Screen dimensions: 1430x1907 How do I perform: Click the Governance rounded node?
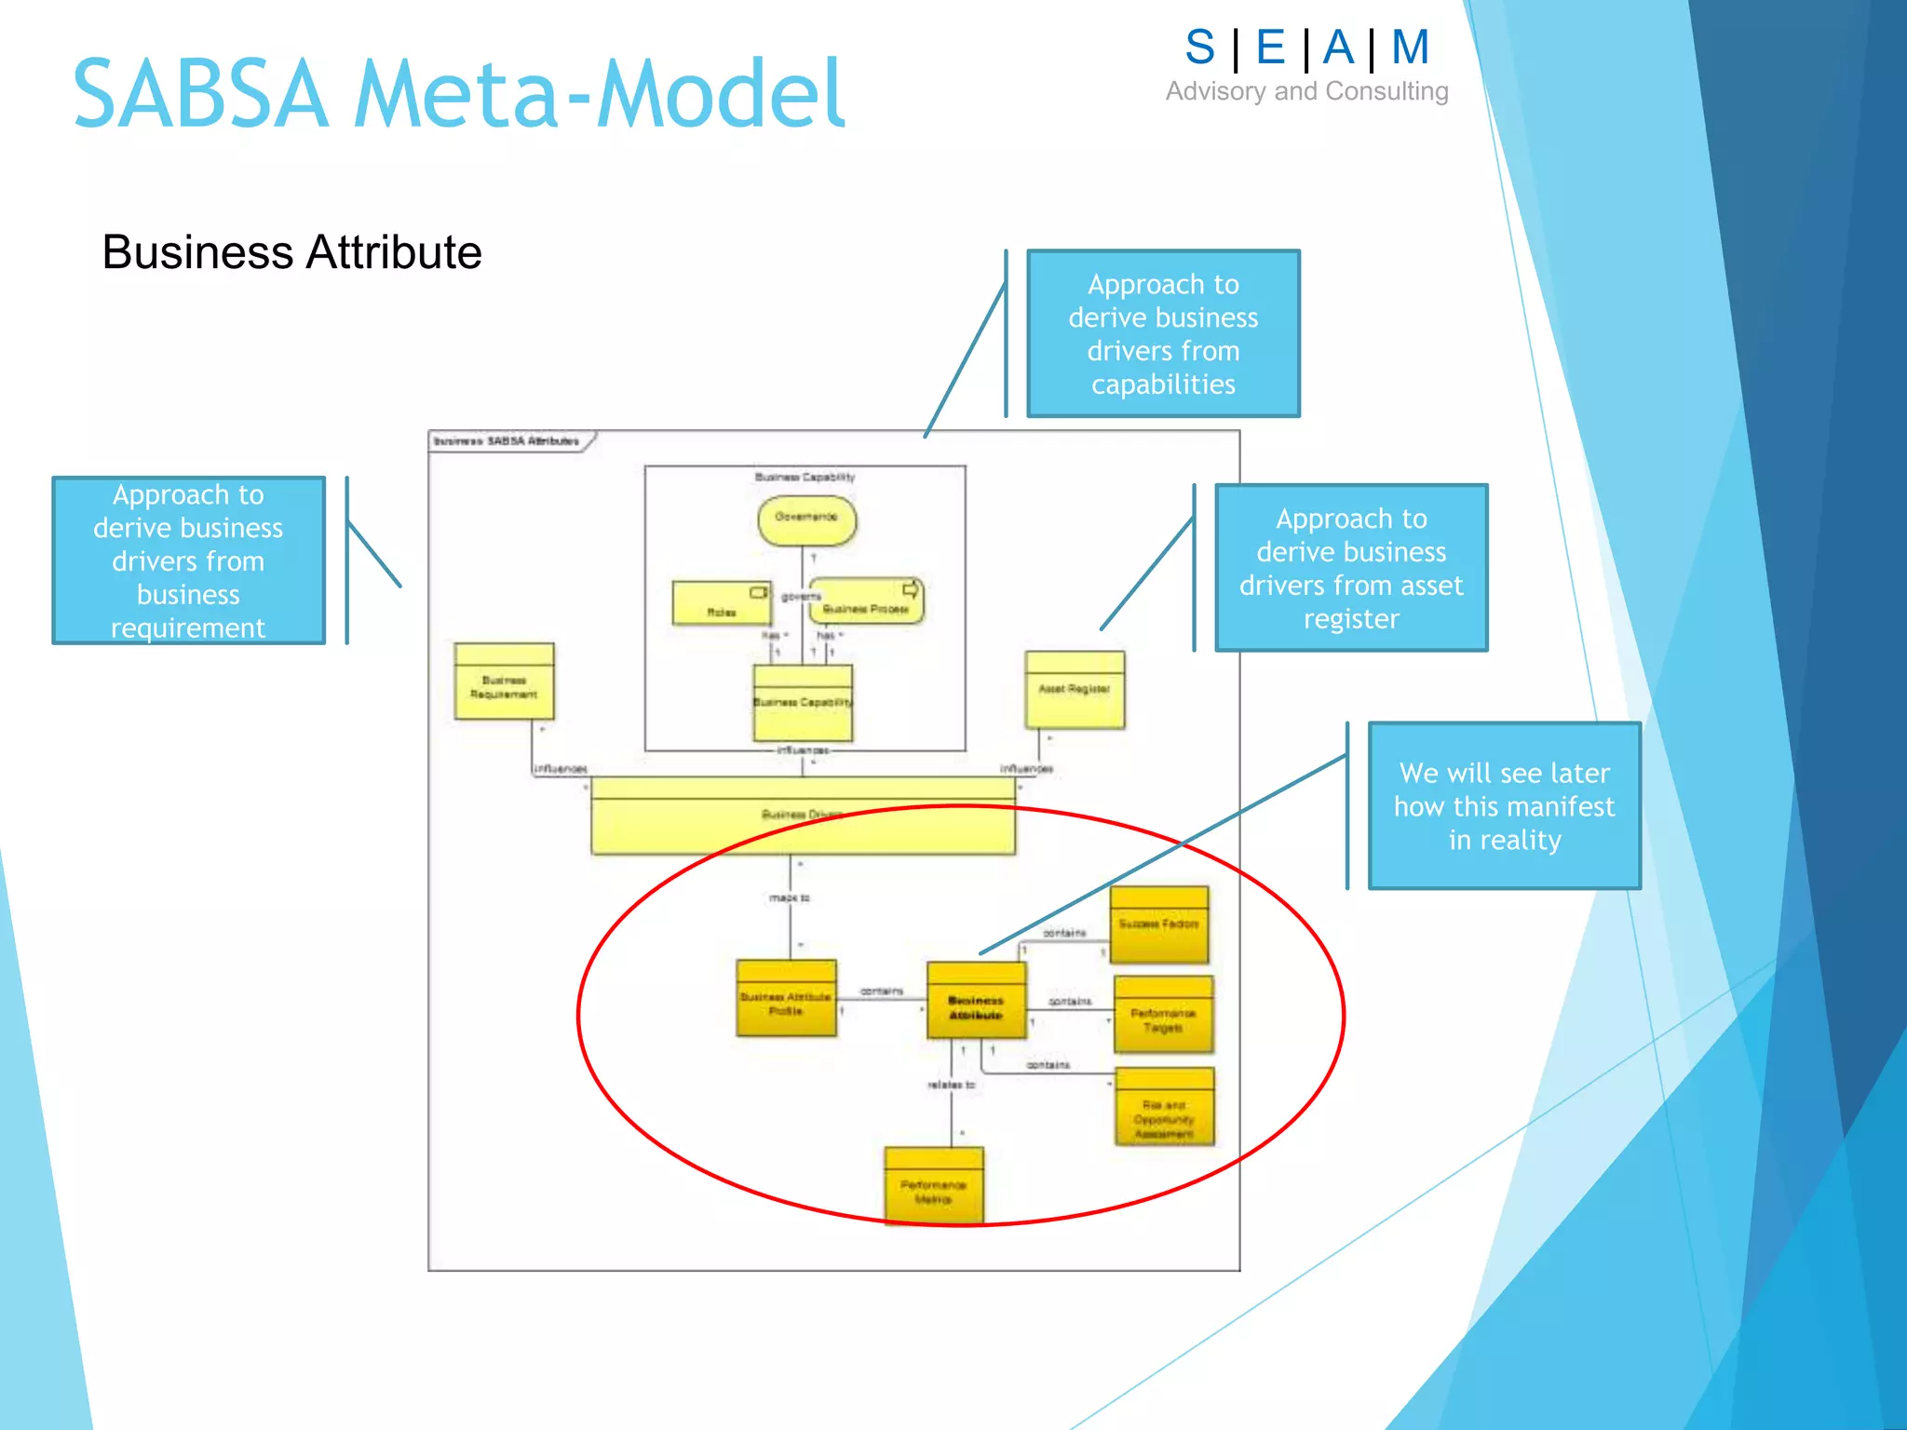click(806, 519)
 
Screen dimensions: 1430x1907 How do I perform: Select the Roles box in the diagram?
click(722, 603)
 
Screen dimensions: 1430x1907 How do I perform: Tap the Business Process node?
click(866, 601)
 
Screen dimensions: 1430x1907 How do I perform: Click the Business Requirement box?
click(504, 682)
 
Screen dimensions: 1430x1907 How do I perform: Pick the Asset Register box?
click(1075, 690)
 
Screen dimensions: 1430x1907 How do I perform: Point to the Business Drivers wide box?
click(803, 816)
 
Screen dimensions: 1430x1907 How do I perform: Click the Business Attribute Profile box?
click(786, 999)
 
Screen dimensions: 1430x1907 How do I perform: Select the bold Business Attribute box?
click(976, 1001)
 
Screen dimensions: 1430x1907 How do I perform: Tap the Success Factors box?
click(1158, 924)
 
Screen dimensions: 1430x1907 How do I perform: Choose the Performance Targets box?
click(1163, 1015)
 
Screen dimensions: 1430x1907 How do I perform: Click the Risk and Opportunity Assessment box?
click(1164, 1108)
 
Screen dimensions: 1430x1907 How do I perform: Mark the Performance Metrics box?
click(933, 1186)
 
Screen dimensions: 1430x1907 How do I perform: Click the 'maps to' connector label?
click(790, 898)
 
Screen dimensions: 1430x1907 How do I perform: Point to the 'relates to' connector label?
click(951, 1085)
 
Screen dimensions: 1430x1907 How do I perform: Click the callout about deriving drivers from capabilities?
click(1163, 333)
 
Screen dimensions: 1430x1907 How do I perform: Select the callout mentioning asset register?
click(1351, 568)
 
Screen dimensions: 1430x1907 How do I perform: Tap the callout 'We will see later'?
click(1504, 806)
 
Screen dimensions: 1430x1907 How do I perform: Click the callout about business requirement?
click(188, 560)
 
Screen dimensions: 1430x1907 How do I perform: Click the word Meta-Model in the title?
click(599, 94)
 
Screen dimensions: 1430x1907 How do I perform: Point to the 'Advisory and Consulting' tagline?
click(1306, 91)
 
